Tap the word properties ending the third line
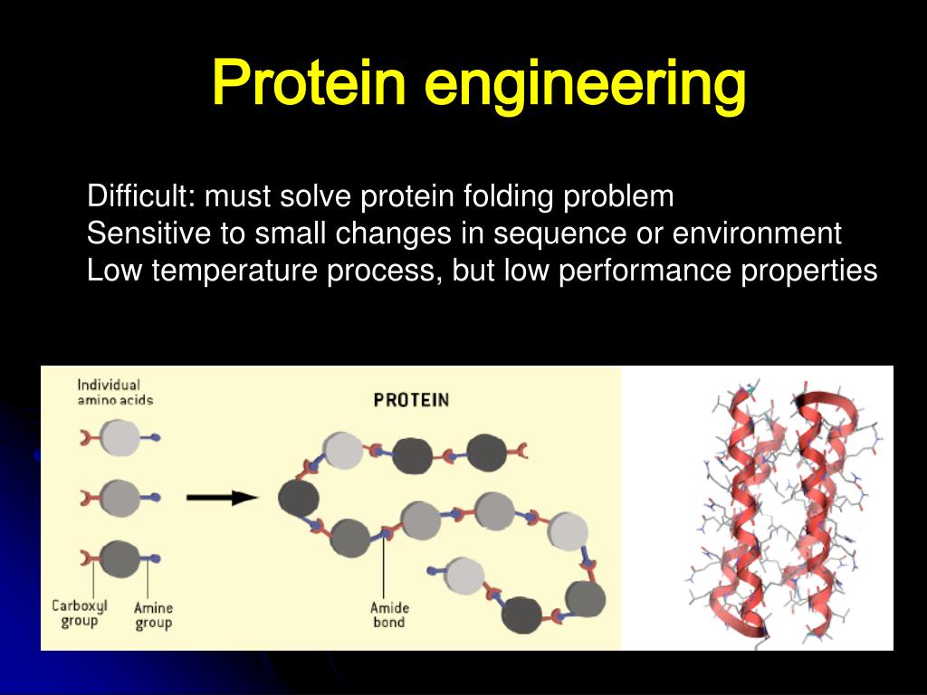809,271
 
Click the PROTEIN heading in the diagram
412,399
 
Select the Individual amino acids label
115,392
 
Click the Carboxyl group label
79,614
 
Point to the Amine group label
153,615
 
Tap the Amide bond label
387,614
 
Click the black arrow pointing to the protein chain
222,497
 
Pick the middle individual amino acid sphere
119,497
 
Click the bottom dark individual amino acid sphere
119,557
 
